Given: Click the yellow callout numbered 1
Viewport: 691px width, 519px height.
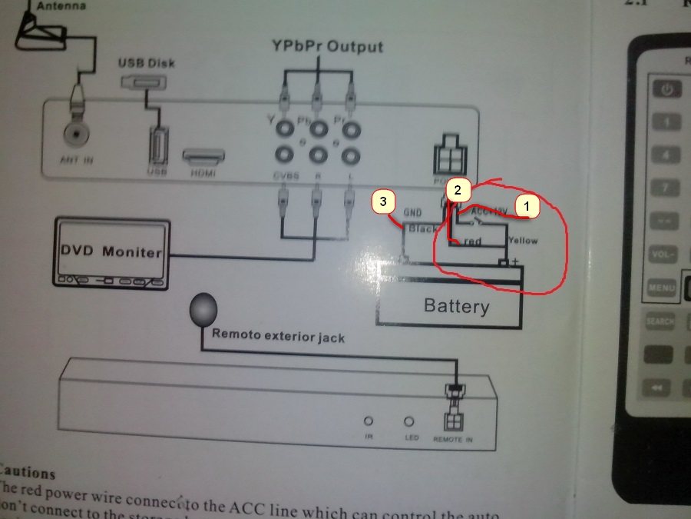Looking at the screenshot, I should click(x=527, y=206).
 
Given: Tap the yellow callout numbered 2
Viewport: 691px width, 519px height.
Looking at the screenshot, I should click(x=458, y=189).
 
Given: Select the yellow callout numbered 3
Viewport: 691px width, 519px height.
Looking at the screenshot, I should click(x=384, y=203).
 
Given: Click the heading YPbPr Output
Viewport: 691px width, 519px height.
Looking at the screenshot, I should click(x=327, y=47).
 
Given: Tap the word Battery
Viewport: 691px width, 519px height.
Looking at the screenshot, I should click(x=456, y=306).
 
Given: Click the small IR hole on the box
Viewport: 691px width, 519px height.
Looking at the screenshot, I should click(x=369, y=421).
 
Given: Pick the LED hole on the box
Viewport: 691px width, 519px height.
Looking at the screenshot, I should click(x=408, y=421).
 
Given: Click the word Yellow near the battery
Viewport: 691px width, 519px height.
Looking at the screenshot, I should click(x=522, y=241).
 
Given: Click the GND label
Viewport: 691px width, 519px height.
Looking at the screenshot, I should click(x=414, y=211).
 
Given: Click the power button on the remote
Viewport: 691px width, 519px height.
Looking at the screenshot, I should click(x=667, y=89).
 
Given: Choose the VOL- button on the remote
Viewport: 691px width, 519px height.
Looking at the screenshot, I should click(x=661, y=255).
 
